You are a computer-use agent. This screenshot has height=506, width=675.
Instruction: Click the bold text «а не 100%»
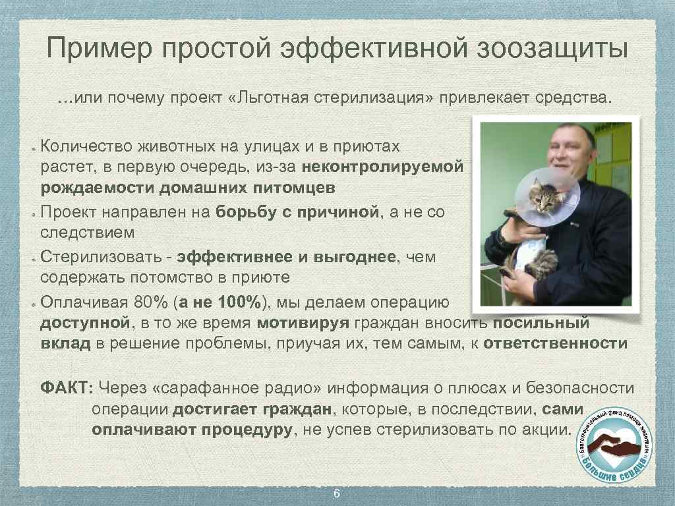tap(221, 302)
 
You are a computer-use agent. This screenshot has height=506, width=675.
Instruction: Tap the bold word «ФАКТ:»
tap(67, 388)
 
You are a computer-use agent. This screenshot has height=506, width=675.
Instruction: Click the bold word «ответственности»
tap(555, 343)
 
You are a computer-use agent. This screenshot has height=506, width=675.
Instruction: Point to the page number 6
tap(337, 494)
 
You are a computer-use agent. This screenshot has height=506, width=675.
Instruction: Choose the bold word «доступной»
tap(84, 323)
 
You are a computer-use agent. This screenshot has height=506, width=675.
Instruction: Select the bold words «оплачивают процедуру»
tap(192, 430)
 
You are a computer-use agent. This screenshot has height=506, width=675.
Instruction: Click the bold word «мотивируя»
tap(303, 323)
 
